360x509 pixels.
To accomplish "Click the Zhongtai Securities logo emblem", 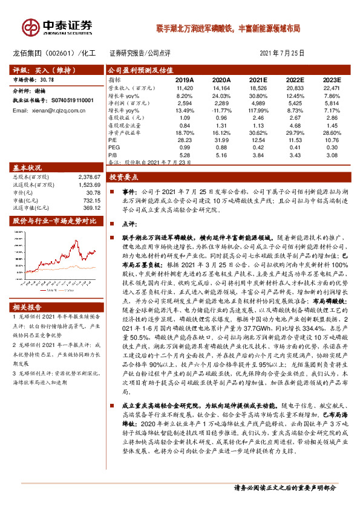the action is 30,26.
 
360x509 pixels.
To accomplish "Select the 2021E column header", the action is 258,79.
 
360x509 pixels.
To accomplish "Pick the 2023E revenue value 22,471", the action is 331,88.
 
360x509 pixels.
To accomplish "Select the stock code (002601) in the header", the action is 61,53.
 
